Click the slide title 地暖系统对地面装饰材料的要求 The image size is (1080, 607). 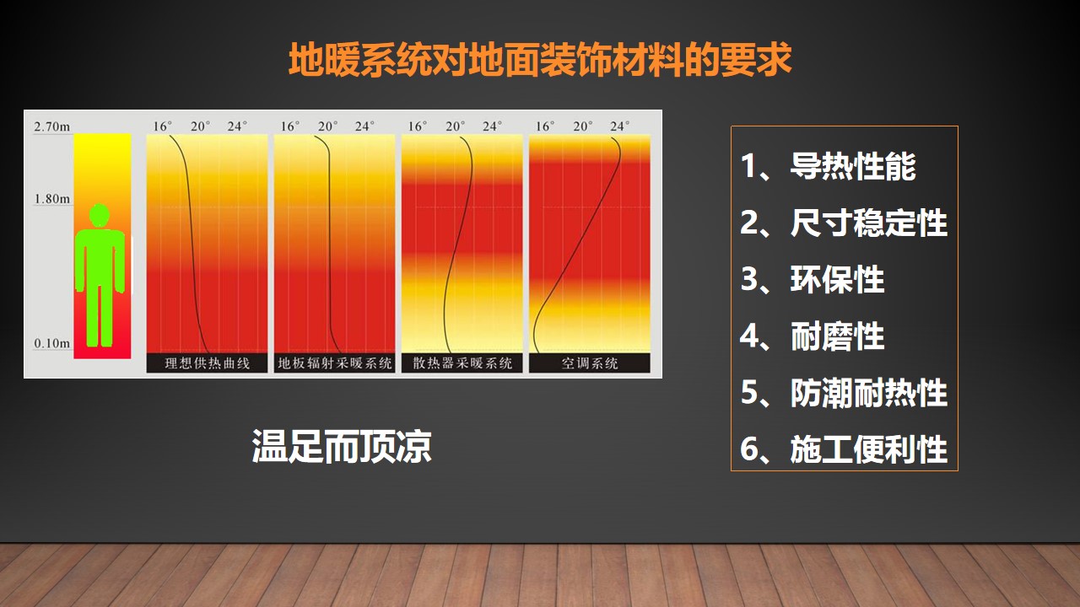(x=540, y=60)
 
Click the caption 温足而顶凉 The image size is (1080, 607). (x=342, y=447)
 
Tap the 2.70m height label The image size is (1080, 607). (x=51, y=126)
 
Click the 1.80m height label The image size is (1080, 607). (x=51, y=198)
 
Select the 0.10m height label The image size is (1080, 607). (x=51, y=343)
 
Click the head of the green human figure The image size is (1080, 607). (x=100, y=214)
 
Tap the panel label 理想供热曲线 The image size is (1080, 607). (x=208, y=363)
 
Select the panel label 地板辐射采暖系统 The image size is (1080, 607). (x=335, y=363)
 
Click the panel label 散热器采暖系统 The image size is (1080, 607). (x=462, y=363)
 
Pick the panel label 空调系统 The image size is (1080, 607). (x=590, y=363)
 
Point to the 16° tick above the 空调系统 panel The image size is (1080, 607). (x=545, y=126)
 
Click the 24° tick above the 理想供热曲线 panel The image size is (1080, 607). (x=237, y=126)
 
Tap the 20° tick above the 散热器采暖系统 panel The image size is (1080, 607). (x=455, y=126)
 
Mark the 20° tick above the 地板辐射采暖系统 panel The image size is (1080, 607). (x=327, y=126)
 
